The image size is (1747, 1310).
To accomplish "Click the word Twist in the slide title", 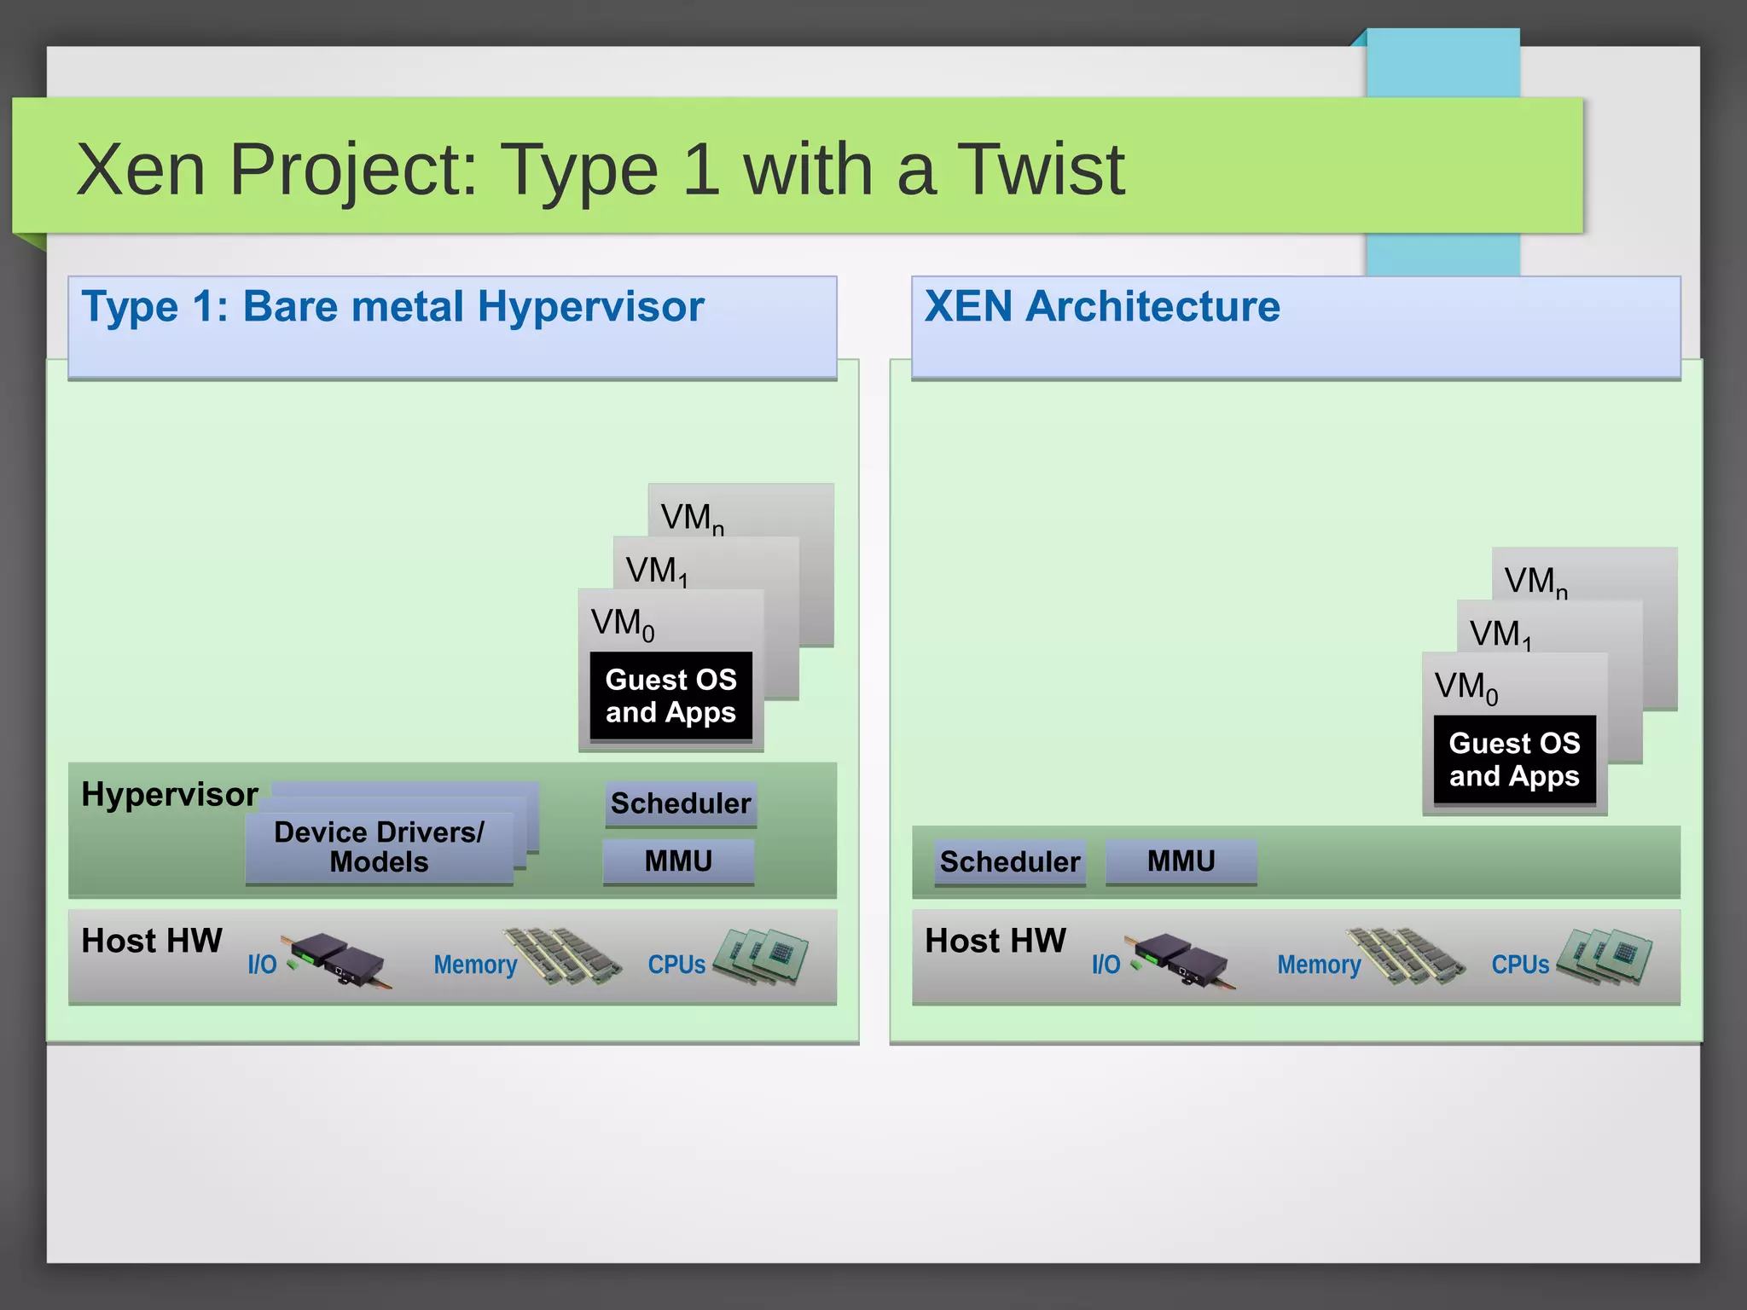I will click(x=1040, y=170).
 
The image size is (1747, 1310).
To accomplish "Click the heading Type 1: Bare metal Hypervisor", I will click(x=392, y=306).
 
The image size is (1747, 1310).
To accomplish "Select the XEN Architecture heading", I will click(x=1102, y=306).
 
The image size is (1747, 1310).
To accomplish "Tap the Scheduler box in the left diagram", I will click(x=681, y=803).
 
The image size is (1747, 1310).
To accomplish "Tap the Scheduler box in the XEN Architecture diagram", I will click(x=1010, y=862).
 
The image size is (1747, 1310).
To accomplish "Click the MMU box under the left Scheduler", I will click(x=678, y=861).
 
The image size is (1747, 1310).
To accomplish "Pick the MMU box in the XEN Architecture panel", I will click(x=1181, y=861).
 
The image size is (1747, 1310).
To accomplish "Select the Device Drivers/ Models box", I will click(x=379, y=847).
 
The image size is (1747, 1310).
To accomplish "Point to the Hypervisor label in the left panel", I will click(x=169, y=795).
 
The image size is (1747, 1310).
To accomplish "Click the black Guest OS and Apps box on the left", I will click(x=670, y=696).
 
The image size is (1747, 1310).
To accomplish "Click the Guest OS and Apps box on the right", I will click(x=1514, y=760).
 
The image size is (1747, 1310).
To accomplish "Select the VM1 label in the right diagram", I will click(x=1500, y=635).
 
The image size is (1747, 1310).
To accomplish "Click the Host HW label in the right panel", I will click(x=995, y=942).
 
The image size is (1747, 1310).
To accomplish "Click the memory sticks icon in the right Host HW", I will click(x=1406, y=956).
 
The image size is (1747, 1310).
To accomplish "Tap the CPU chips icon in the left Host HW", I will click(x=762, y=956).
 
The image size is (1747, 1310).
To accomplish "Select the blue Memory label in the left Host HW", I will click(x=475, y=965).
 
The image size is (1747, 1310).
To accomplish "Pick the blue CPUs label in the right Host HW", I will click(x=1520, y=965).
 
